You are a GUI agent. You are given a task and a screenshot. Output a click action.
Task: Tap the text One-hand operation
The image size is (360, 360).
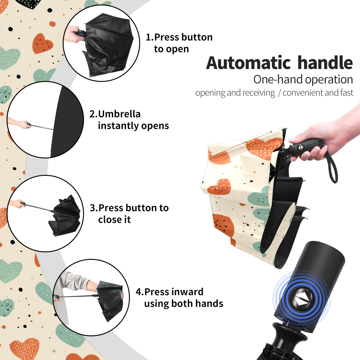click(303, 80)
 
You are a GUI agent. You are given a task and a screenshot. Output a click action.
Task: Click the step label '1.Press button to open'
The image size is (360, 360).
click(179, 43)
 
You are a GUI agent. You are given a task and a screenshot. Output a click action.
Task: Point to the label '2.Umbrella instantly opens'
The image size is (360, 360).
click(129, 120)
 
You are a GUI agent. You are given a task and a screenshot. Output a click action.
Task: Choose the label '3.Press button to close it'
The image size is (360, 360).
click(129, 214)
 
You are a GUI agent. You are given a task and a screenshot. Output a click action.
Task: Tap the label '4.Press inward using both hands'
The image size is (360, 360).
click(179, 298)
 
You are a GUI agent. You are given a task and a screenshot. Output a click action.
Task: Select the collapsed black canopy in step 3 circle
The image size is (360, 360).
click(65, 216)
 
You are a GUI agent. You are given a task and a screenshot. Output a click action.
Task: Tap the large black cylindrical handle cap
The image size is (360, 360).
click(309, 286)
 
